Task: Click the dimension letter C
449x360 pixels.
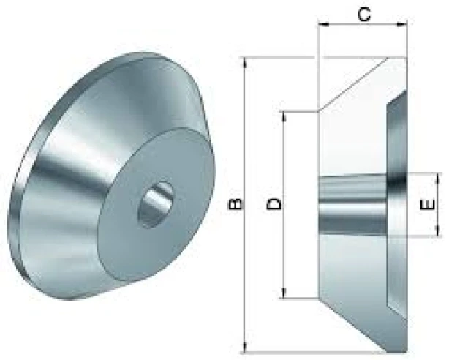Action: [364, 15]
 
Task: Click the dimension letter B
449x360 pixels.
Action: [236, 205]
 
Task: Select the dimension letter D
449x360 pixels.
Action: [274, 204]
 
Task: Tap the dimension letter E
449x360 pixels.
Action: [429, 205]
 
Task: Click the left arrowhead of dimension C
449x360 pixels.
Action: [323, 25]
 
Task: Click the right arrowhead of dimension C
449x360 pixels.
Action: [401, 25]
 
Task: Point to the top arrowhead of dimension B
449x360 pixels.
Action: [245, 63]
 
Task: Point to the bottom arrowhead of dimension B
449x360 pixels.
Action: [245, 347]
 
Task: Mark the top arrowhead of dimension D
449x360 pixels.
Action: [284, 116]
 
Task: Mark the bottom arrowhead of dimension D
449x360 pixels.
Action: [284, 293]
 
